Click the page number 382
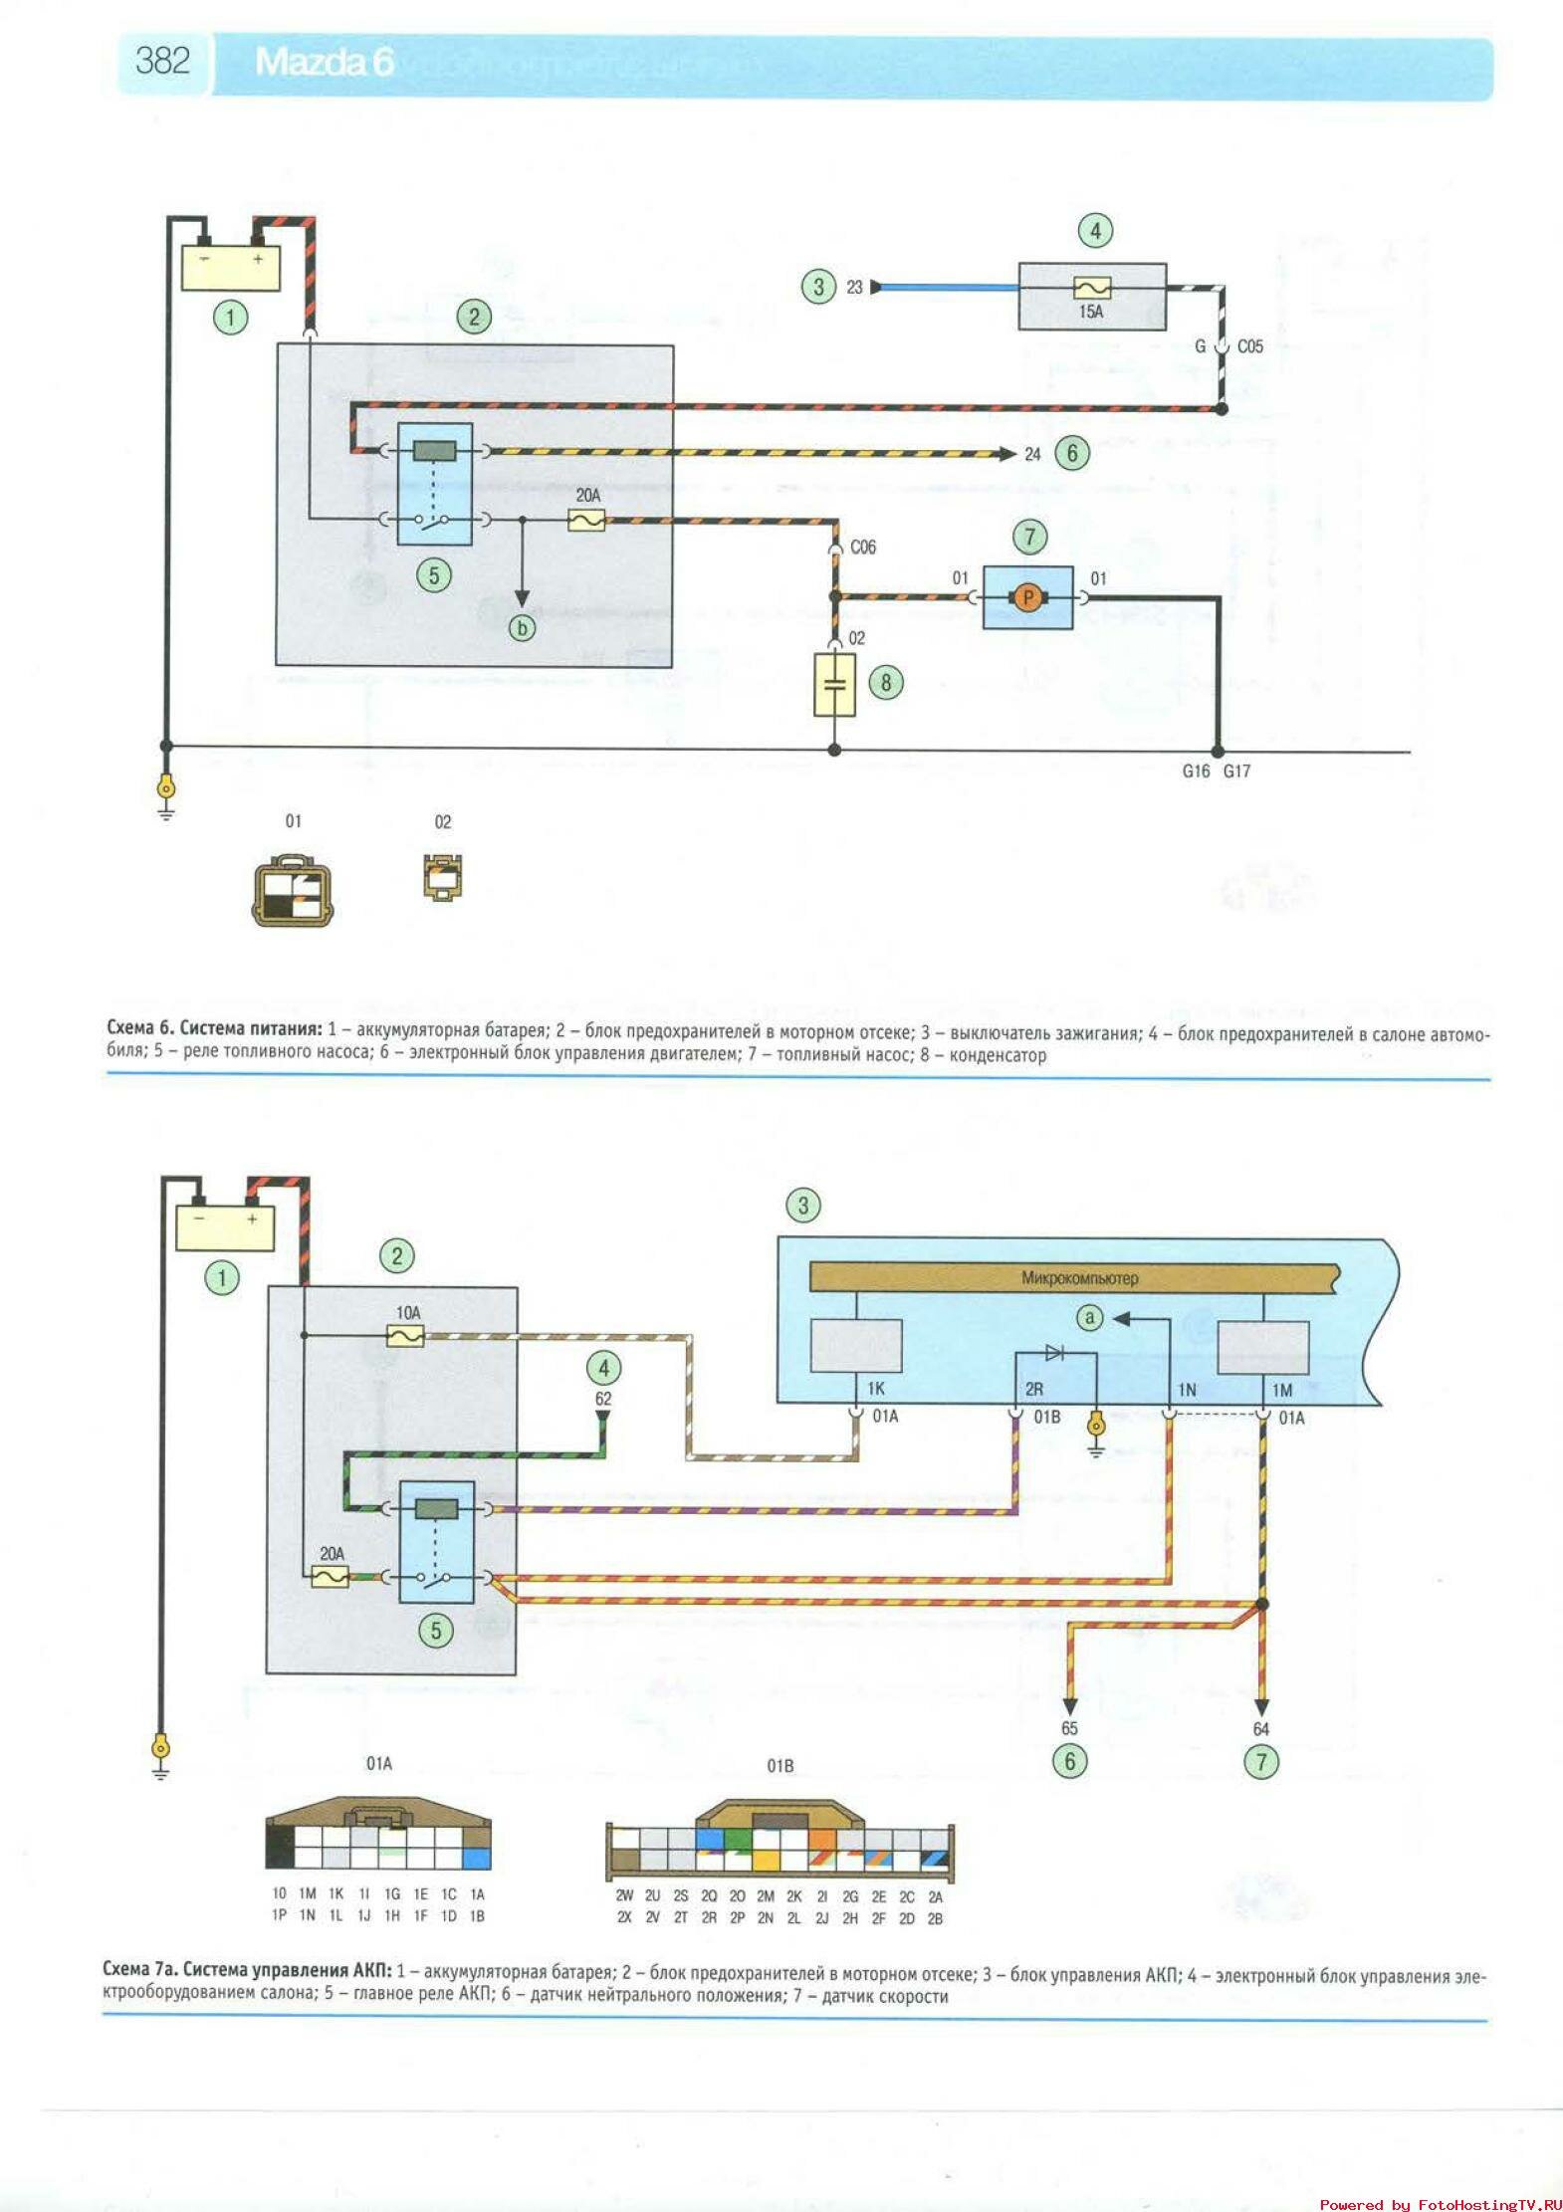[162, 62]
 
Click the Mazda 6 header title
[325, 63]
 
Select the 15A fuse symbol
[1092, 288]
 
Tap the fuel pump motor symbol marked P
[1028, 597]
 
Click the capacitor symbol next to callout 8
[835, 684]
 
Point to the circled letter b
[522, 628]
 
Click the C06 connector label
[862, 548]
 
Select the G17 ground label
[1236, 771]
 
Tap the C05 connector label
[1249, 346]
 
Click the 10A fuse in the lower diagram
[404, 1336]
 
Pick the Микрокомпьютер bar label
[1079, 1278]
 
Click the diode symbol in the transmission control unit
[1054, 1352]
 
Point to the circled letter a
[1090, 1318]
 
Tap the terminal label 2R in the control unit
[1034, 1389]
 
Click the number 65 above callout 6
[1069, 1728]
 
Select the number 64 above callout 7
[1261, 1729]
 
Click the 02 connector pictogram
[443, 876]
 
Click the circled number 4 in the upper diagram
[1095, 231]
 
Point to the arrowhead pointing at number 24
[1006, 454]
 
